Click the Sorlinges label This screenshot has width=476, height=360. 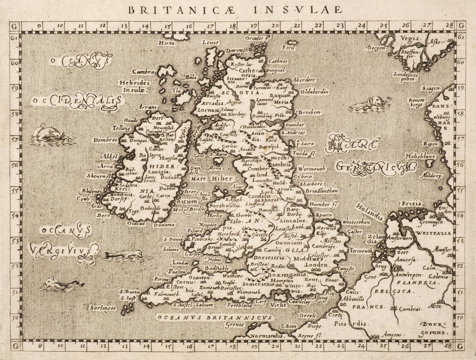pos(102,308)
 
